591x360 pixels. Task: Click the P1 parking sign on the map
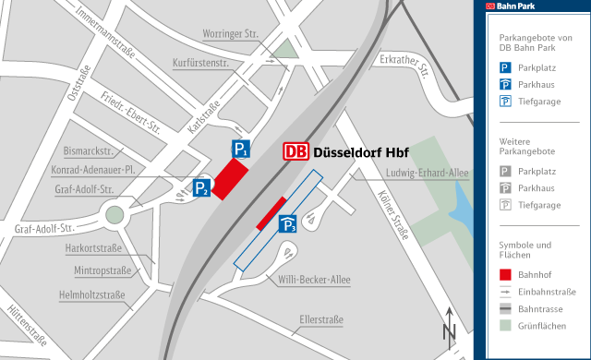(x=239, y=150)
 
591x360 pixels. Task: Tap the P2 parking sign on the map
(x=201, y=188)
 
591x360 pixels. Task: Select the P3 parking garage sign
(x=288, y=224)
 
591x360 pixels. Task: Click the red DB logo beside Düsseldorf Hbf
(x=295, y=152)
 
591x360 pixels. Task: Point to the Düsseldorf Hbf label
(x=361, y=152)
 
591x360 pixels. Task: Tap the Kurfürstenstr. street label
(x=200, y=63)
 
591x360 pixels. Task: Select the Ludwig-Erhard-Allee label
(x=428, y=174)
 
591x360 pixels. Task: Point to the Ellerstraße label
(x=321, y=320)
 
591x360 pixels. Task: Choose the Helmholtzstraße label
(x=91, y=295)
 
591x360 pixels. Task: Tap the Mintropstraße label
(x=102, y=270)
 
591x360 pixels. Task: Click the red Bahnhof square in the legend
(x=505, y=274)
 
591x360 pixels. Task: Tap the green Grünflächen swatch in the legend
(x=505, y=325)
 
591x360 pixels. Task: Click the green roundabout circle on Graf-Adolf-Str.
(x=115, y=216)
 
